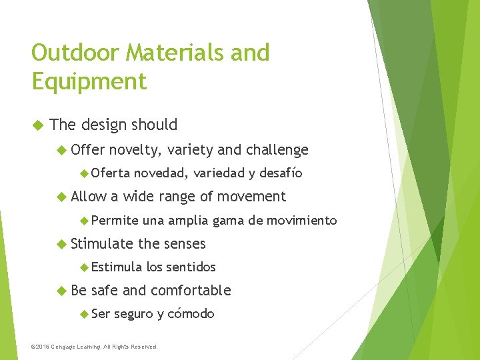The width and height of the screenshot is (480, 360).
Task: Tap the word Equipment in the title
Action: coord(89,81)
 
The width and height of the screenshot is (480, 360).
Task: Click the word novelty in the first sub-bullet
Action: coord(136,150)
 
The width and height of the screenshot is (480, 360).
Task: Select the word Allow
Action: coord(88,197)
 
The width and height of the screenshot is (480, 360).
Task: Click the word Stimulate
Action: coord(102,243)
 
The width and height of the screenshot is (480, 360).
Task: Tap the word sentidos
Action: coord(191,267)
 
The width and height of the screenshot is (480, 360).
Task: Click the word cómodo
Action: coord(191,313)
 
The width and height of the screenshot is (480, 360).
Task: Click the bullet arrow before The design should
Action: coord(37,125)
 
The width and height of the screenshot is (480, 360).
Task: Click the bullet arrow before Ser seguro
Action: coord(83,313)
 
